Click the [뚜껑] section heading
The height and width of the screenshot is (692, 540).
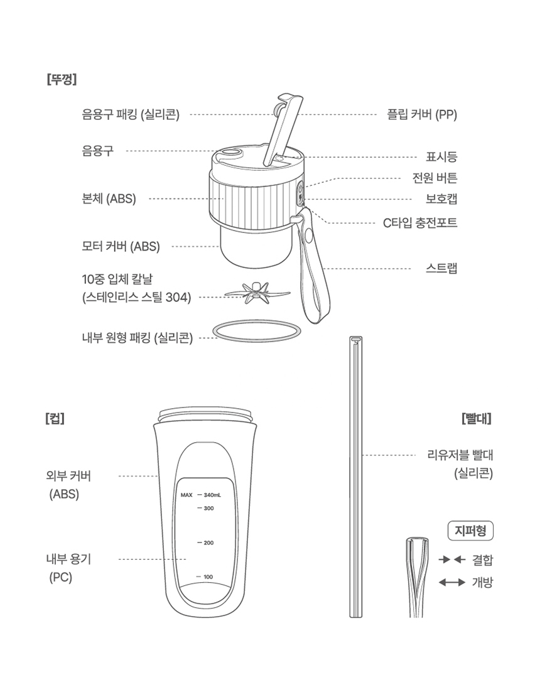coord(62,80)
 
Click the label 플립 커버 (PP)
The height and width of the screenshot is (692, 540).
coord(422,115)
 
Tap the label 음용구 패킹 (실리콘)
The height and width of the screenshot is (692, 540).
coord(131,115)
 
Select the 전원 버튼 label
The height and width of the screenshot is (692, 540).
coord(435,178)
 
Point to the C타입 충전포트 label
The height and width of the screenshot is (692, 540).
coord(420,223)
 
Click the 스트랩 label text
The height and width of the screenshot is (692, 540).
coord(441,268)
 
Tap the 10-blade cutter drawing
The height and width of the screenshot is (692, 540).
coord(257,293)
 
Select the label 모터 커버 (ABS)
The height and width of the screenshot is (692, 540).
coord(121,246)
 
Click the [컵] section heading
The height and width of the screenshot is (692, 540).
coord(55,418)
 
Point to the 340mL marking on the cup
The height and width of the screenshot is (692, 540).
coord(212,495)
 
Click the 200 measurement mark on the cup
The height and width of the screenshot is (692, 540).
coord(208,543)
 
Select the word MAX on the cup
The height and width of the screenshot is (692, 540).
coord(186,495)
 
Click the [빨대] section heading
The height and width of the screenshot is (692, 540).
coord(477,418)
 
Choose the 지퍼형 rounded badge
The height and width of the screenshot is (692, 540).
coord(470,531)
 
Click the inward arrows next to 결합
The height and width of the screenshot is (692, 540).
coord(452,560)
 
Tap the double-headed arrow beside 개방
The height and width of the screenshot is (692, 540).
coord(452,583)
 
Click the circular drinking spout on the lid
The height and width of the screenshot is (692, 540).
coord(232,153)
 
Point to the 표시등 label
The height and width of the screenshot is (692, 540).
coord(441,156)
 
